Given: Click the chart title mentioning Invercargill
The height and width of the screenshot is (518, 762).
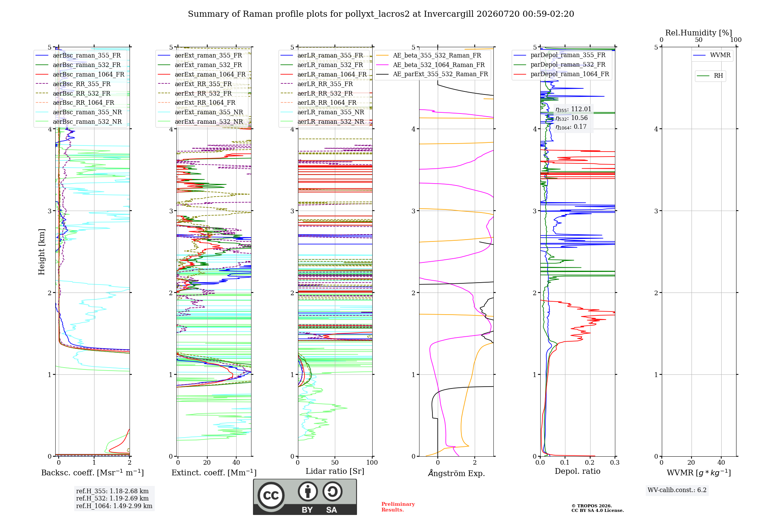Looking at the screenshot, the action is (x=381, y=14).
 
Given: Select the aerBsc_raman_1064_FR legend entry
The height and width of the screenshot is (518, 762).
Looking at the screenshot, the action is (x=80, y=74).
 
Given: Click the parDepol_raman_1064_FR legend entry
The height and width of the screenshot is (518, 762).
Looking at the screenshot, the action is (x=562, y=74).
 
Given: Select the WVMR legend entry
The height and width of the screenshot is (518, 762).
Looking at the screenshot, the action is (x=712, y=55).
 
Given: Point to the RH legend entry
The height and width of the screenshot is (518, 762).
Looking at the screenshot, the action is (x=710, y=76).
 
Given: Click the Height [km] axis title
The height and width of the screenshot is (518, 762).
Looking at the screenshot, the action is (x=42, y=252).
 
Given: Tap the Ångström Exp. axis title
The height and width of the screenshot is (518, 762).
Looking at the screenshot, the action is (x=456, y=473).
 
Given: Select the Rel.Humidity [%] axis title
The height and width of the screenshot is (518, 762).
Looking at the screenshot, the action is (x=699, y=33).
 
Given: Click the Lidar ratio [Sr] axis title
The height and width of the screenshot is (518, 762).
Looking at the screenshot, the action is (x=335, y=471).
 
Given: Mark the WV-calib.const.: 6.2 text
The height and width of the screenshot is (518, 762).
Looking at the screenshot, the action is (x=677, y=490).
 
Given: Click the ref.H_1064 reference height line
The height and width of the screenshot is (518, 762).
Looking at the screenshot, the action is (x=114, y=506).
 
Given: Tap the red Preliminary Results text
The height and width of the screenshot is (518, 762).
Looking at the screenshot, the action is (x=398, y=507).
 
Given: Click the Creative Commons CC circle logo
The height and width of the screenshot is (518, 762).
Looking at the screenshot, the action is (x=271, y=495).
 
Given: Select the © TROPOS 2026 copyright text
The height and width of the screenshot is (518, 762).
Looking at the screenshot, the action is (x=592, y=506).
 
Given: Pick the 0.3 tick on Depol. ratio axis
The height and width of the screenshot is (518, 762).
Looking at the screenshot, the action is (x=615, y=462).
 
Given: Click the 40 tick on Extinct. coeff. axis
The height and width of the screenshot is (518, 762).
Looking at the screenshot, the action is (x=236, y=462).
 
